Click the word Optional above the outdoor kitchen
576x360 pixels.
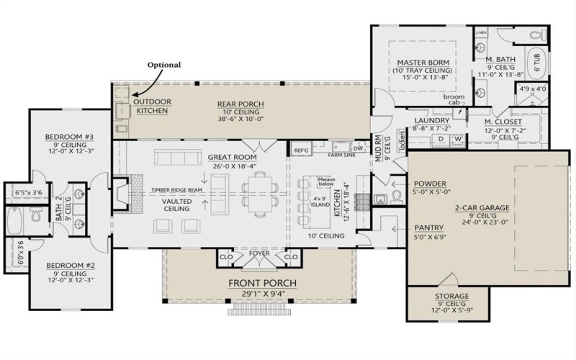pos(164,64)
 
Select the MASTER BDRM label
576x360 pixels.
pos(422,63)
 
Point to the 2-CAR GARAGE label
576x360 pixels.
pos(482,207)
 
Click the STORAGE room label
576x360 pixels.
pos(451,297)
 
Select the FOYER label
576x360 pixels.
pos(258,253)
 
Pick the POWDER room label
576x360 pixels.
pos(431,184)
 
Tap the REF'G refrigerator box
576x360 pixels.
pos(301,149)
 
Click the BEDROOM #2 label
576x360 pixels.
pos(71,265)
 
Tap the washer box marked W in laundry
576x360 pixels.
pos(456,138)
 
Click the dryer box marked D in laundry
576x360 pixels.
pos(441,138)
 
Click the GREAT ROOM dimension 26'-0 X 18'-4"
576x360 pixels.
pos(234,166)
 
